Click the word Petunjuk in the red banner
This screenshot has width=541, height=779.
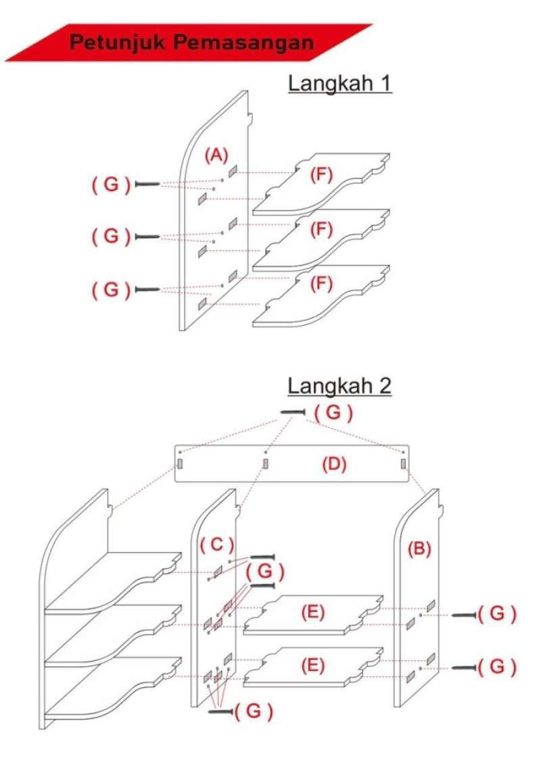pos(115,42)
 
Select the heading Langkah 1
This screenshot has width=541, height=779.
pos(340,84)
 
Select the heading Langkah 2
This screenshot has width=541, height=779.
pos(339,386)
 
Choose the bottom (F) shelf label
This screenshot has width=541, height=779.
pos(322,284)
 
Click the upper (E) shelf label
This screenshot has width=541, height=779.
pos(313,611)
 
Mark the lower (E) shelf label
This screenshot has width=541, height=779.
pos(313,665)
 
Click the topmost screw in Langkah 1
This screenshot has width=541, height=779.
pos(147,184)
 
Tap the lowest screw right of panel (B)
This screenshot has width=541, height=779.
pos(464,667)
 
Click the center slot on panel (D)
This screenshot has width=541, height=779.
pos(266,464)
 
